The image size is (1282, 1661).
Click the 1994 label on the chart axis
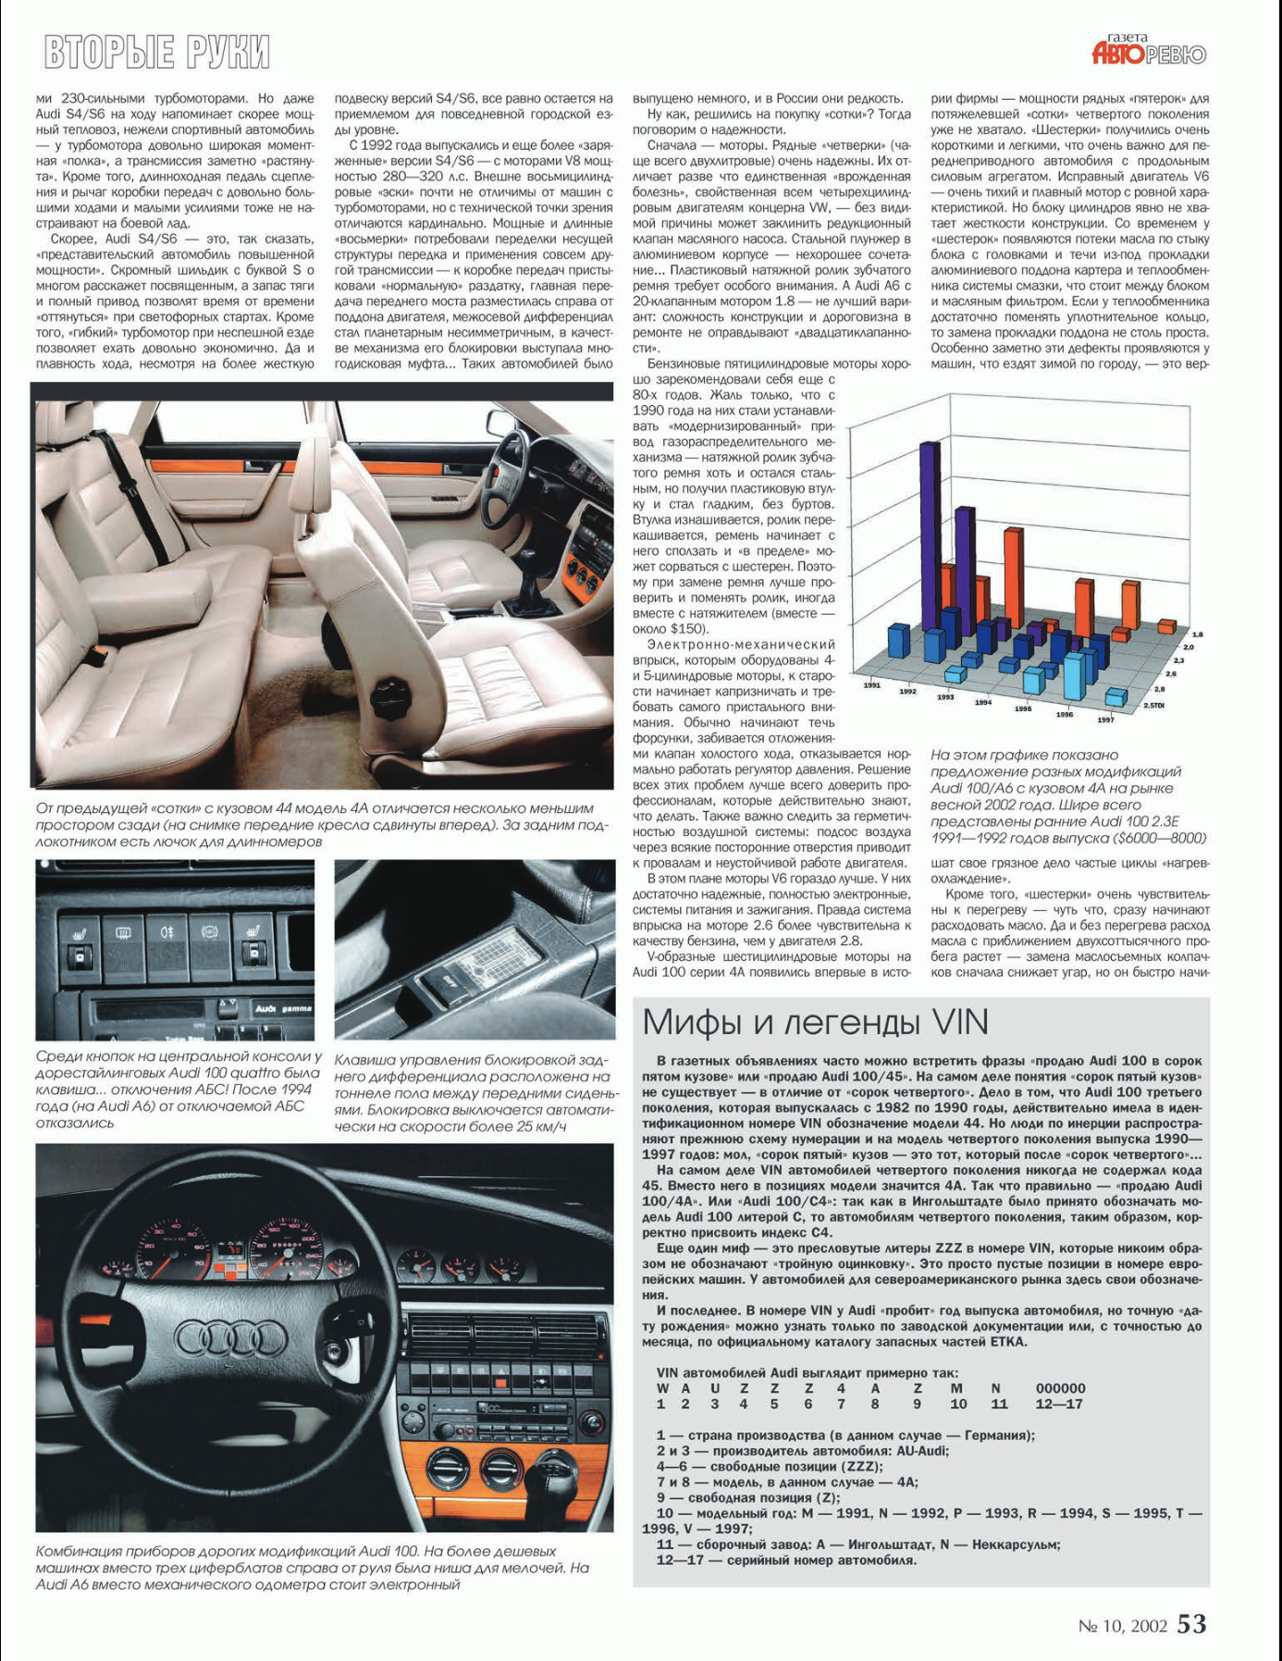pos(982,702)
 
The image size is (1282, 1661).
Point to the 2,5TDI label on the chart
pos(1153,706)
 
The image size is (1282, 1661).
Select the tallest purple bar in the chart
pos(928,536)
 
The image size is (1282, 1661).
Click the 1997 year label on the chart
pos(1105,720)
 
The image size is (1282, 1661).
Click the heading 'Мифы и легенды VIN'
pos(815,1022)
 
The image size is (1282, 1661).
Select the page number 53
pos(1191,1624)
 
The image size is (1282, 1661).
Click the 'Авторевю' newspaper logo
pos(1149,52)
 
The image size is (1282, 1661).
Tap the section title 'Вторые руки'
pos(157,52)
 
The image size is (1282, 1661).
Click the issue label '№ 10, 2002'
pos(1122,1626)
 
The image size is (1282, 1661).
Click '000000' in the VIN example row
pos(1060,1388)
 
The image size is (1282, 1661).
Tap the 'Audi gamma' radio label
pos(282,1008)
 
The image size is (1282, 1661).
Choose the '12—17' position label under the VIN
pos(1060,1404)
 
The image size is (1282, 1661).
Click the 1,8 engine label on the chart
pos(1197,634)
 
